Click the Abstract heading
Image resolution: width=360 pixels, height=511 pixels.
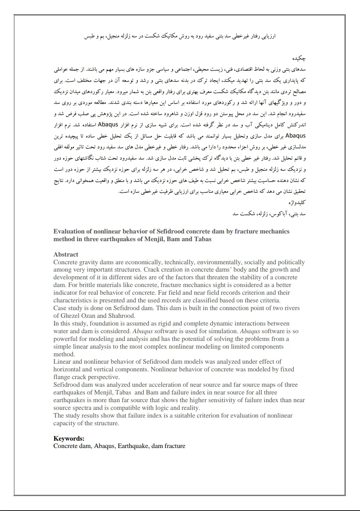(x=66, y=254)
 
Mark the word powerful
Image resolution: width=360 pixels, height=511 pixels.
(x=65, y=339)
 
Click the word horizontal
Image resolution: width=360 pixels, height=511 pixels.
(x=67, y=369)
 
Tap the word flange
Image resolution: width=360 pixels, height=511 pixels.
(x=63, y=377)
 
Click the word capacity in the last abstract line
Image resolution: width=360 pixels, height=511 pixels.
(x=64, y=423)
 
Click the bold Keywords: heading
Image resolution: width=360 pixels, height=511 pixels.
(x=69, y=439)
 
